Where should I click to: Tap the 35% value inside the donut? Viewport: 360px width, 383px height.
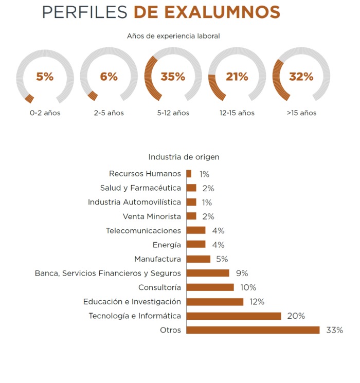point(173,77)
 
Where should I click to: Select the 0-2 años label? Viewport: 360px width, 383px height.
point(45,113)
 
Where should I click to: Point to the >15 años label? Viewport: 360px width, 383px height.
point(301,113)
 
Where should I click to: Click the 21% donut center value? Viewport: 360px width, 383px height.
point(237,77)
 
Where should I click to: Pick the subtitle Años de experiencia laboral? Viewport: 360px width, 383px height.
point(173,36)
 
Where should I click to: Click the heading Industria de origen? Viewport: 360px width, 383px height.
point(184,157)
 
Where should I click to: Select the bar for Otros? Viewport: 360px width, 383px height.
point(253,330)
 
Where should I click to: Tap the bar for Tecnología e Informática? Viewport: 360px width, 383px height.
point(233,316)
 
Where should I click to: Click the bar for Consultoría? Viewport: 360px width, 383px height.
point(210,287)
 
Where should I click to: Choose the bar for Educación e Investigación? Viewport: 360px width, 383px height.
point(214,302)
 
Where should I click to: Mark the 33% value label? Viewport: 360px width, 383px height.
point(334,330)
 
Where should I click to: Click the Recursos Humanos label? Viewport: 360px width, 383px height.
point(145,174)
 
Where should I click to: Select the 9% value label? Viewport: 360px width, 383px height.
point(242,273)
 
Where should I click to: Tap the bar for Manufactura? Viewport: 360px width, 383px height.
point(198,259)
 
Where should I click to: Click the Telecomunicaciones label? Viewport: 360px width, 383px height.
point(143,231)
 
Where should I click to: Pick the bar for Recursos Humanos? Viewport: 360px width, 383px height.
point(189,174)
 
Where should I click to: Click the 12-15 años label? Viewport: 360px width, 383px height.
point(237,113)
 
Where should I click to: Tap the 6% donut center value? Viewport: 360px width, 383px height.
point(109,77)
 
